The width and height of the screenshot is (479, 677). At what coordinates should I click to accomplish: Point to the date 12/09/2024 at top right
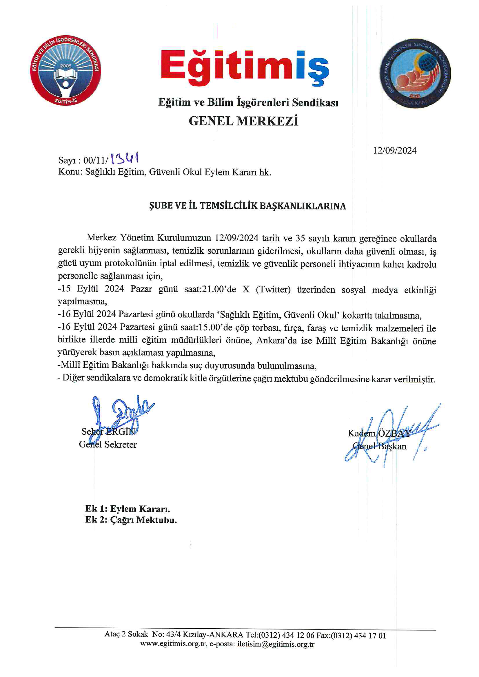tap(395, 151)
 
